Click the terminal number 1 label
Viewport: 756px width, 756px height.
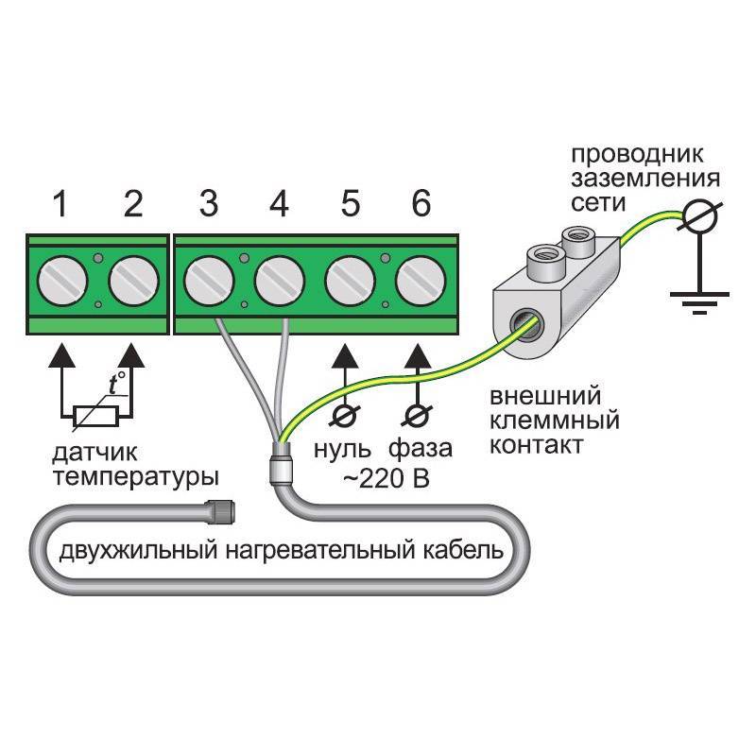point(60,203)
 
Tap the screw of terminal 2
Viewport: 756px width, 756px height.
point(133,281)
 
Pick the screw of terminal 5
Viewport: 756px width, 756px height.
point(349,281)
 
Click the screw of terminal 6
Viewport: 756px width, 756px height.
point(419,281)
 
